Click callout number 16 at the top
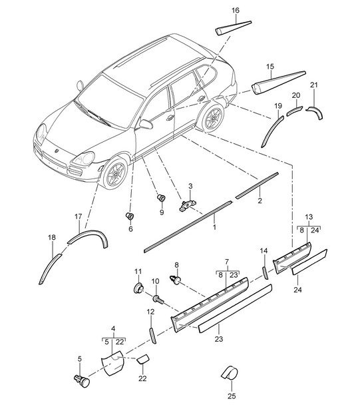pyautogui.click(x=236, y=10)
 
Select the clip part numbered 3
pyautogui.click(x=188, y=205)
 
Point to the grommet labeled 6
pyautogui.click(x=130, y=216)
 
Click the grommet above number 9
pyautogui.click(x=161, y=197)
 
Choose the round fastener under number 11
pyautogui.click(x=139, y=288)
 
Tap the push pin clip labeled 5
pyautogui.click(x=82, y=381)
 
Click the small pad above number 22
pyautogui.click(x=142, y=359)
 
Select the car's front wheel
pyautogui.click(x=115, y=173)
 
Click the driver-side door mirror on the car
pyautogui.click(x=146, y=124)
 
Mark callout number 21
pyautogui.click(x=313, y=85)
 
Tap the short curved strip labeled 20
pyautogui.click(x=294, y=110)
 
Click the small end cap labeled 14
pyautogui.click(x=265, y=273)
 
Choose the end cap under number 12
pyautogui.click(x=153, y=336)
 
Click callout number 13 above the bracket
pyautogui.click(x=309, y=216)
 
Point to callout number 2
pyautogui.click(x=260, y=201)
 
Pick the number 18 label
pyautogui.click(x=52, y=237)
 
